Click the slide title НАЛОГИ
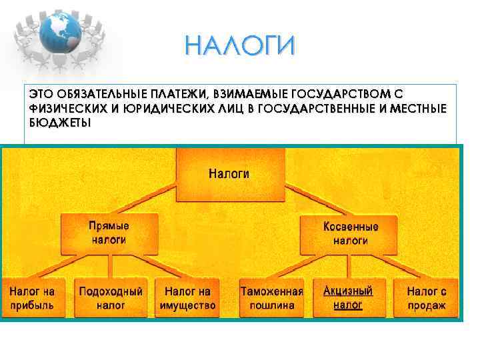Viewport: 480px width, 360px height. click(x=239, y=47)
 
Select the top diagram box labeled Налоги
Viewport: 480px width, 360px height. click(x=229, y=175)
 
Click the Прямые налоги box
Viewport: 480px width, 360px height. click(x=109, y=233)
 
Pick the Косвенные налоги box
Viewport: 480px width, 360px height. click(x=350, y=234)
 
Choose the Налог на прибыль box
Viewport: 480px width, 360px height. click(x=31, y=298)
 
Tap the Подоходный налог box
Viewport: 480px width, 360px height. click(x=111, y=298)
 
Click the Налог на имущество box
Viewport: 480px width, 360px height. click(x=187, y=298)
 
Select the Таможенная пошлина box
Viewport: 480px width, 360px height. click(x=271, y=298)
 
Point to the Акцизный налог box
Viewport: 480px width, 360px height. click(x=347, y=298)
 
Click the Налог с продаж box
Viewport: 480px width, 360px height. click(x=427, y=298)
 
